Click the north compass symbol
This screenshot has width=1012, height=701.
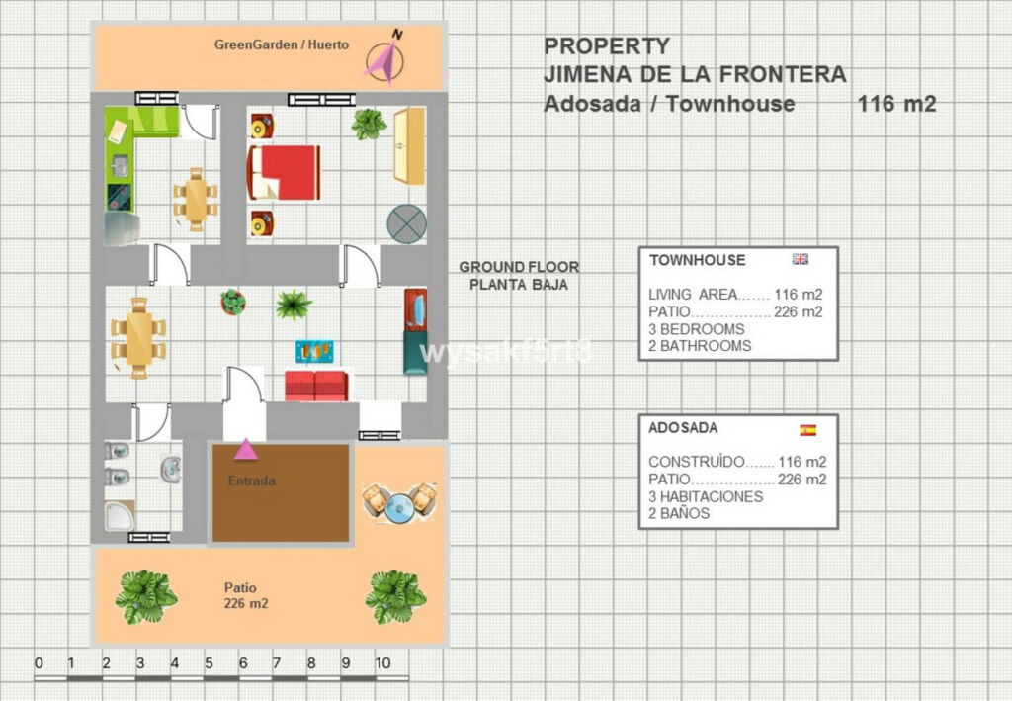point(385,58)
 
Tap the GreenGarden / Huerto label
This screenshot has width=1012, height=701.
point(282,44)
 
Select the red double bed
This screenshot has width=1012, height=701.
point(284,172)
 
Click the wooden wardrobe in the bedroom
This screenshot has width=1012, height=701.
point(409,146)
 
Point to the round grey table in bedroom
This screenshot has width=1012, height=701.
point(406,224)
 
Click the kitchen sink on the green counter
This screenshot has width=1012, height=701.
point(120,166)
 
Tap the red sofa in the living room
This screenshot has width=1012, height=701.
point(316,386)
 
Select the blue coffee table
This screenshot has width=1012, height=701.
point(315,351)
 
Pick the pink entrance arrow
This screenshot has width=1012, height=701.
point(246,449)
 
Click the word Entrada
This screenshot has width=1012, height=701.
point(252,481)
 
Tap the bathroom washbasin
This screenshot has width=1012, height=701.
point(171,470)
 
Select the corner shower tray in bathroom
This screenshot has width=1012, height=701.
point(120,516)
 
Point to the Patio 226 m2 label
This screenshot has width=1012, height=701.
point(246,596)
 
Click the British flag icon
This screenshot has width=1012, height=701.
point(801,259)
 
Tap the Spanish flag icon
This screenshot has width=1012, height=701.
point(808,430)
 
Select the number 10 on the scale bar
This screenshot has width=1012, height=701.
point(382,662)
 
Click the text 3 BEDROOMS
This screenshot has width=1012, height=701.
point(697,329)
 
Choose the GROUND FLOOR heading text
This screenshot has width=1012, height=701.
point(519,267)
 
